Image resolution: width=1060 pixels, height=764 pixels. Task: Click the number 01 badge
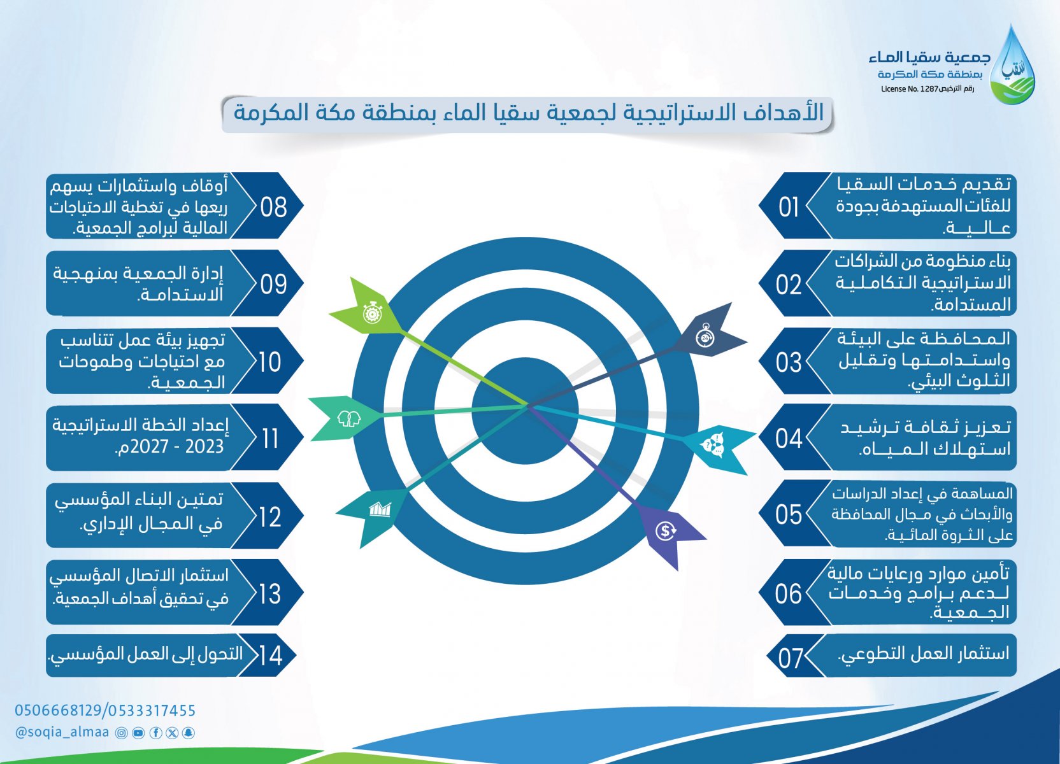pyautogui.click(x=789, y=207)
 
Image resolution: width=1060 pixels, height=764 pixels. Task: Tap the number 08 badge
pyautogui.click(x=273, y=207)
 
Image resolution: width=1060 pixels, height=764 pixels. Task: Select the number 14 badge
pyautogui.click(x=271, y=656)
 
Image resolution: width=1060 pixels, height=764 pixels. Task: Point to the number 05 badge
pyautogui.click(x=789, y=514)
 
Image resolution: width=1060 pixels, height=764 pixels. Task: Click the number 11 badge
pyautogui.click(x=271, y=439)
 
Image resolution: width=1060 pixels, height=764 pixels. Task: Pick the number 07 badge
pyautogui.click(x=791, y=658)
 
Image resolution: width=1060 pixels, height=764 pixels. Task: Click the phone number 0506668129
pyautogui.click(x=58, y=710)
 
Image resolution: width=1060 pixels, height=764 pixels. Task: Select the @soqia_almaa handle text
pyautogui.click(x=62, y=732)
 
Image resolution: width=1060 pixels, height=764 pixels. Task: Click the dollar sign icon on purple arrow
pyautogui.click(x=666, y=531)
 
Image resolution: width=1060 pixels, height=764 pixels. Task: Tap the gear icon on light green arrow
pyautogui.click(x=373, y=313)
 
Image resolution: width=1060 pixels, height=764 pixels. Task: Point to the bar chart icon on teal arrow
pyautogui.click(x=380, y=509)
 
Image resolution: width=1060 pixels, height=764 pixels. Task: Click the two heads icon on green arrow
pyautogui.click(x=348, y=419)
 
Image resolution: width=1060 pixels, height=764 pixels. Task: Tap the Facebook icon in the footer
pyautogui.click(x=155, y=733)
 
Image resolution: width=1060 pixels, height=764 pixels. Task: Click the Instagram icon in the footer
pyautogui.click(x=122, y=733)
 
